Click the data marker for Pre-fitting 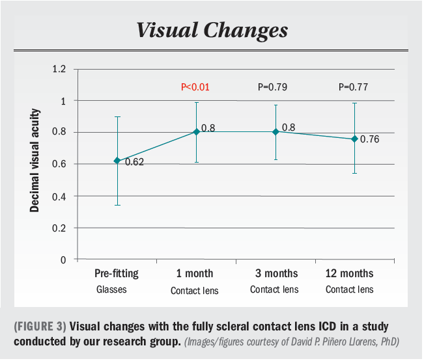[117, 161]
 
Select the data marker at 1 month [197, 132]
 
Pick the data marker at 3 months [276, 131]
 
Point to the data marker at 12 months [354, 139]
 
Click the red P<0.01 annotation [195, 87]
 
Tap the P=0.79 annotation [275, 87]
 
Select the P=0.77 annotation [354, 87]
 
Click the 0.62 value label [134, 162]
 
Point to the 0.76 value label [369, 139]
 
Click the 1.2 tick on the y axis [60, 69]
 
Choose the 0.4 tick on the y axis [60, 196]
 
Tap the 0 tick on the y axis [64, 260]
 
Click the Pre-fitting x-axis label [117, 273]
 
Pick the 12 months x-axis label [349, 273]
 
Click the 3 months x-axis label [274, 273]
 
